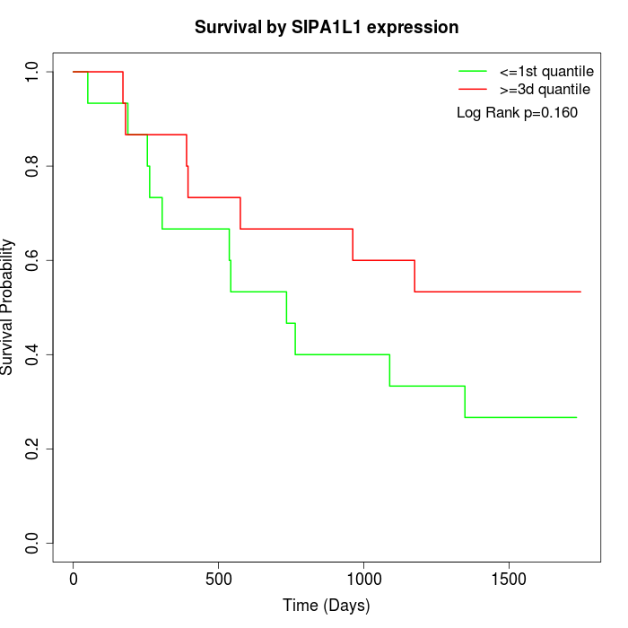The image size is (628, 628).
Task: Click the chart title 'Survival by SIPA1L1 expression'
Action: click(327, 28)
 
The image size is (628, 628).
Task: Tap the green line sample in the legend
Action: click(472, 70)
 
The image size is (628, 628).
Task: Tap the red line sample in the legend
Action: click(472, 89)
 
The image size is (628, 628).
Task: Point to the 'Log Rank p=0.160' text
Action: click(517, 112)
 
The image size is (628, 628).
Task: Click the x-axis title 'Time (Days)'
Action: click(327, 606)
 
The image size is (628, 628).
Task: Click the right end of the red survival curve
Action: click(580, 292)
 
